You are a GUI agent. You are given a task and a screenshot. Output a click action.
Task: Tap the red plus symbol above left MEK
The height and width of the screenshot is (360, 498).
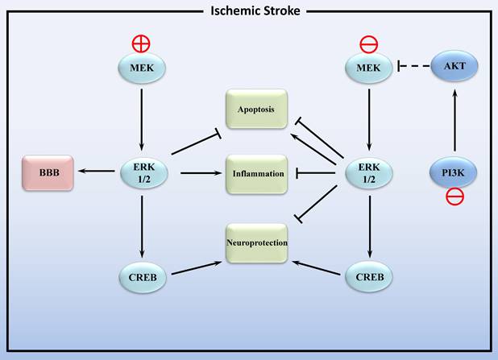pos(142,43)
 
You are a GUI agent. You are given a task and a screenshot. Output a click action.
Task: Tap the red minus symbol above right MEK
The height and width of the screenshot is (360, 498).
pos(368,43)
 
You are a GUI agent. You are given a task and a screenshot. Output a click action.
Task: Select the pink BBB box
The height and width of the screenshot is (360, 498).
pos(49,172)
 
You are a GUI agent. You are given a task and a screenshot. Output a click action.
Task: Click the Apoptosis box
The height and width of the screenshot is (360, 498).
pos(256,108)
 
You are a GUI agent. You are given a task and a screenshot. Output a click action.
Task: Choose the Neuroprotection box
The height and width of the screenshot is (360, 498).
pos(256,242)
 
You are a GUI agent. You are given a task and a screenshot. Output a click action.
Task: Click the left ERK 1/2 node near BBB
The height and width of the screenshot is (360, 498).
pos(142,172)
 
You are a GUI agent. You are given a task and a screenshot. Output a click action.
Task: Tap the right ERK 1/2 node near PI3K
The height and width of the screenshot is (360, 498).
pos(368,172)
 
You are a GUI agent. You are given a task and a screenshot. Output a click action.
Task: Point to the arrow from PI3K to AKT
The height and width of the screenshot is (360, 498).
pos(454,121)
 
